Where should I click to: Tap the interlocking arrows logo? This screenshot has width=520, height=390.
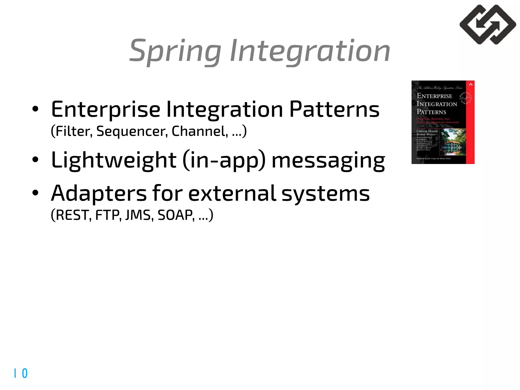(487, 25)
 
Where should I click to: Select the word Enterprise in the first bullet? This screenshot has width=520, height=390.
(105, 110)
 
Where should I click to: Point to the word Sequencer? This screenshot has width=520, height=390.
(132, 132)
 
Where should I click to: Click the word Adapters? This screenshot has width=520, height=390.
(99, 193)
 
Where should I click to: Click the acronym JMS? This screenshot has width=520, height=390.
(139, 215)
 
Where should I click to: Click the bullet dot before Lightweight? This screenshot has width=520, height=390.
(35, 160)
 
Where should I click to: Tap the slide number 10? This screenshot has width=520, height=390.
(21, 373)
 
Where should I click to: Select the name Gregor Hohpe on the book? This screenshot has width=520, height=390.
(427, 131)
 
